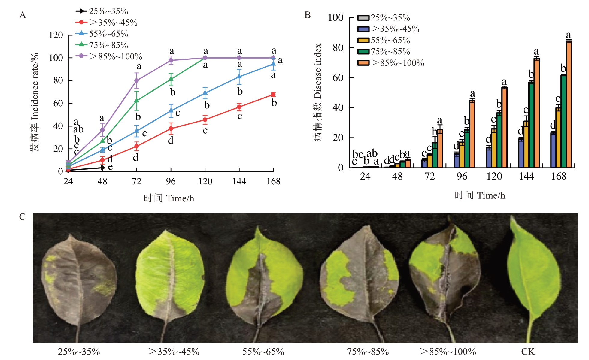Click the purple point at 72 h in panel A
point(137,80)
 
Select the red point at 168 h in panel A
point(273,95)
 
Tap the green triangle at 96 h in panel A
point(171,79)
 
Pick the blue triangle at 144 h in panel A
point(239,77)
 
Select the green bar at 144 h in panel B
point(531,125)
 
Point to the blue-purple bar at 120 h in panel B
point(489,157)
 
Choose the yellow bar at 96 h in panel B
point(462,155)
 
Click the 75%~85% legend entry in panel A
point(102,45)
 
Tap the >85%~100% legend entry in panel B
point(391,63)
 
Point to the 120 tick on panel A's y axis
point(56,35)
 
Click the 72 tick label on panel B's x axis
point(430,176)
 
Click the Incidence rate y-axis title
point(35,102)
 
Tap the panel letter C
point(22,217)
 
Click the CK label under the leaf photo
point(528,352)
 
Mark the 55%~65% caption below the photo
point(263,352)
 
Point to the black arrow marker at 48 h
point(103,168)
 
